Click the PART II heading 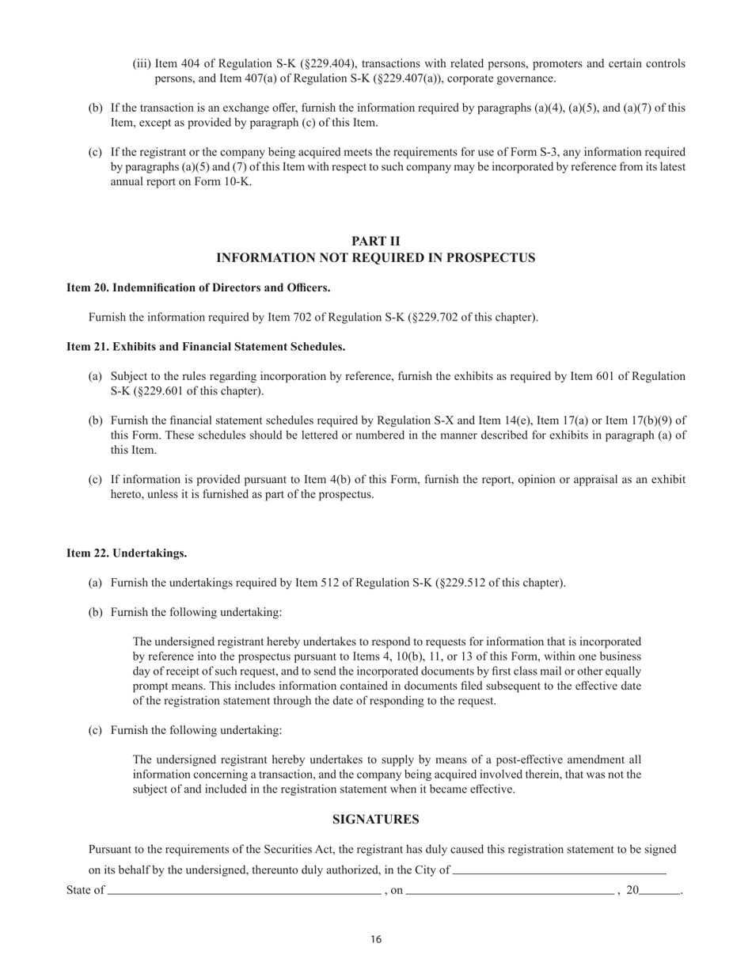(376, 241)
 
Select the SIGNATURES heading (376, 820)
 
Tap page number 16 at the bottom (376, 940)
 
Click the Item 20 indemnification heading (198, 287)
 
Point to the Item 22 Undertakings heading (127, 553)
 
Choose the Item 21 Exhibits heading (206, 346)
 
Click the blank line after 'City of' (559, 871)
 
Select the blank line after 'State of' (244, 892)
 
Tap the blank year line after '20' (660, 892)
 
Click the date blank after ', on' (510, 892)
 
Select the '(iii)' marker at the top (142, 63)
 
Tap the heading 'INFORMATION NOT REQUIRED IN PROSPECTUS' (376, 258)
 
